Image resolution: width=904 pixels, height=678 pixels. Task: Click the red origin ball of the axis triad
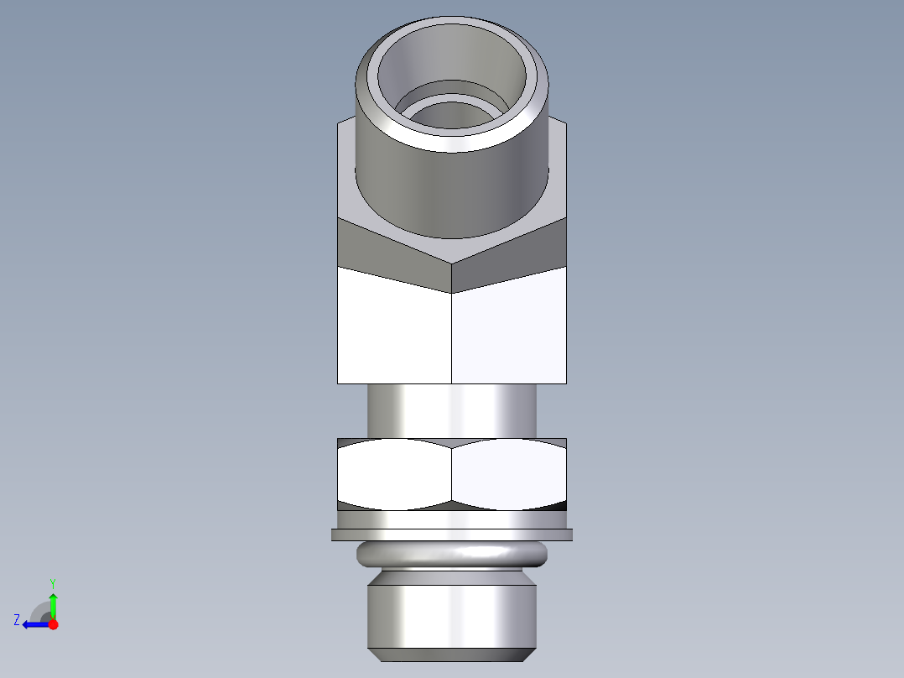53,624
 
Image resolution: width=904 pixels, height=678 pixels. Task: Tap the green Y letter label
52,582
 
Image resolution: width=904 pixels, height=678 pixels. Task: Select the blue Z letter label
17,620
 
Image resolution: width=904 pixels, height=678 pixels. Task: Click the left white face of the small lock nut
394,475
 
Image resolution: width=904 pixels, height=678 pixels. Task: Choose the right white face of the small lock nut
509,475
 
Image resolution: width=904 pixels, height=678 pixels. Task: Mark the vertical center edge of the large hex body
452,336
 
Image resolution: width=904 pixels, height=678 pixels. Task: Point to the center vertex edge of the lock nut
452,475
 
